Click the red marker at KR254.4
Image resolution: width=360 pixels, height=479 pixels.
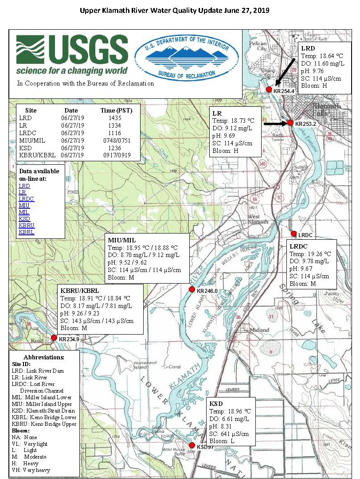coord(269,90)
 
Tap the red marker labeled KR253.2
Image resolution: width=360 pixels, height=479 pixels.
coord(290,123)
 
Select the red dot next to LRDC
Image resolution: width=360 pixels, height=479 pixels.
coord(293,234)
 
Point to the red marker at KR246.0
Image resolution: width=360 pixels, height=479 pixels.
coord(192,289)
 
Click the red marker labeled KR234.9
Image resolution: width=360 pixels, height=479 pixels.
coord(54,338)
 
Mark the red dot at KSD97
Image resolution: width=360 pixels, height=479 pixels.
coord(192,445)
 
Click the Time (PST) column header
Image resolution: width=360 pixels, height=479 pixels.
coord(114,110)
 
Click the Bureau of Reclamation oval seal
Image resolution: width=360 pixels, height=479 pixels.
coord(186,59)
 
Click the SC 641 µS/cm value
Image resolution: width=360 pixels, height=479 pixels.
coord(229,434)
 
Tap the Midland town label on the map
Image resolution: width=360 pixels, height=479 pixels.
coord(259,330)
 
